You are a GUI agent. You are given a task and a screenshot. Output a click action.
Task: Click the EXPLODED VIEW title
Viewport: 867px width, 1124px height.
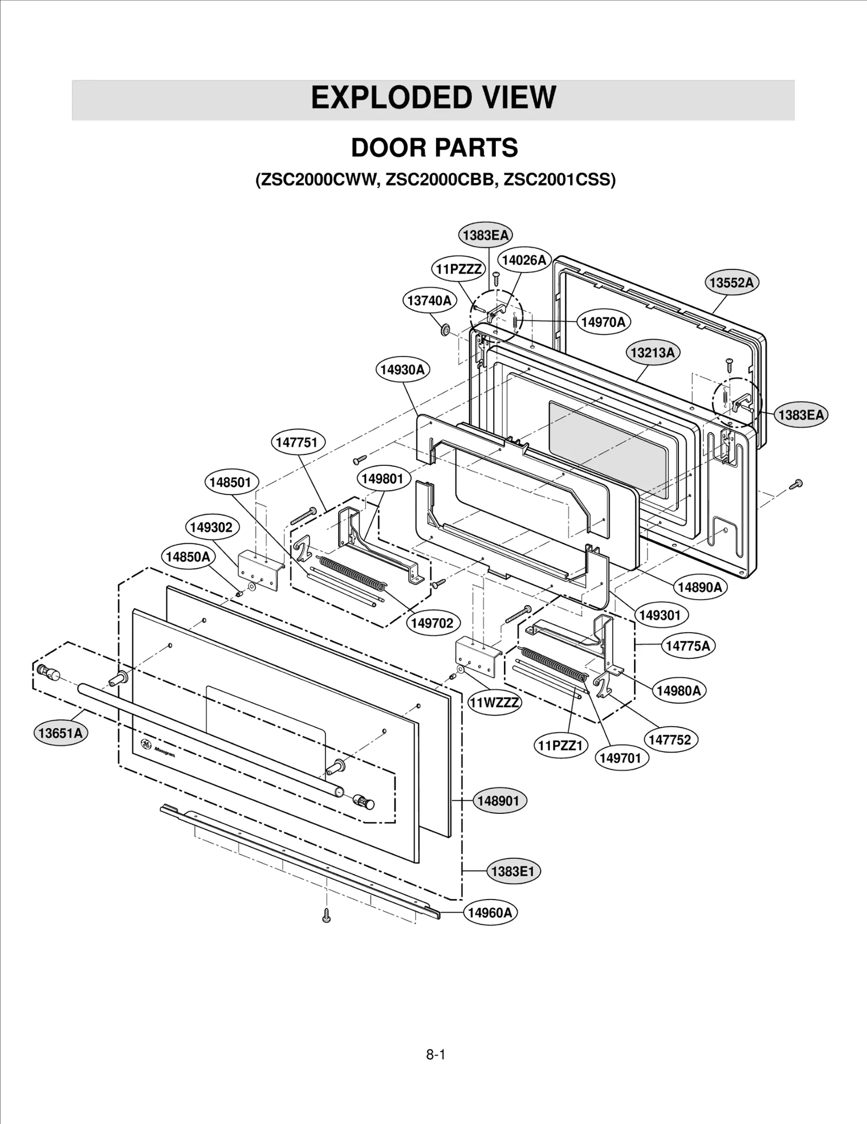(433, 98)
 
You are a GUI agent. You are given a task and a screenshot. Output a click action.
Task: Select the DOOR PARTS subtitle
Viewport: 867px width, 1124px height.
(434, 147)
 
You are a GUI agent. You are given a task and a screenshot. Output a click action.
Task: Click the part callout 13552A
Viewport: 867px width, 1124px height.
(732, 282)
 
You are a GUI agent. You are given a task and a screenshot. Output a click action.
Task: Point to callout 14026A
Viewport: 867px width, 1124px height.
(523, 260)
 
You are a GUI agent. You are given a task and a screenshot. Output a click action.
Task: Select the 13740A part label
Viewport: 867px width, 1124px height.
(429, 301)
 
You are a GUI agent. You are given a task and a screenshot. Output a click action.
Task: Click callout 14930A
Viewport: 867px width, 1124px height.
(402, 370)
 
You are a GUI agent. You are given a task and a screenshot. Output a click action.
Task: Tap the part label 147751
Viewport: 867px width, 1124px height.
(297, 442)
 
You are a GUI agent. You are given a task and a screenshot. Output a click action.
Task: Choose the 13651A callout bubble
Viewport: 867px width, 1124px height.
(60, 733)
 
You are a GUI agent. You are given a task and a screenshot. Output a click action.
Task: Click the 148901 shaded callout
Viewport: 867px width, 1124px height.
(499, 801)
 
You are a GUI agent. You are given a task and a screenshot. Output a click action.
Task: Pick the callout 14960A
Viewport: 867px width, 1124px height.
(490, 913)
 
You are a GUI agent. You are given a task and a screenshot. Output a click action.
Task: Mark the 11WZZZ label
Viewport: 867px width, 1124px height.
(494, 703)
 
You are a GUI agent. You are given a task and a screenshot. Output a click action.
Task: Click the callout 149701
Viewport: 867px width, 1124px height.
(620, 758)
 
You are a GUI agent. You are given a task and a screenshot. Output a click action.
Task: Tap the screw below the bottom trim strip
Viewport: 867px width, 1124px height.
(326, 916)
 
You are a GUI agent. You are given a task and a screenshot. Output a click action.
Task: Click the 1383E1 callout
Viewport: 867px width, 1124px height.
(513, 871)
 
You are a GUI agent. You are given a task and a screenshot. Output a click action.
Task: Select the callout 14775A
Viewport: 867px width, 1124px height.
(688, 646)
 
